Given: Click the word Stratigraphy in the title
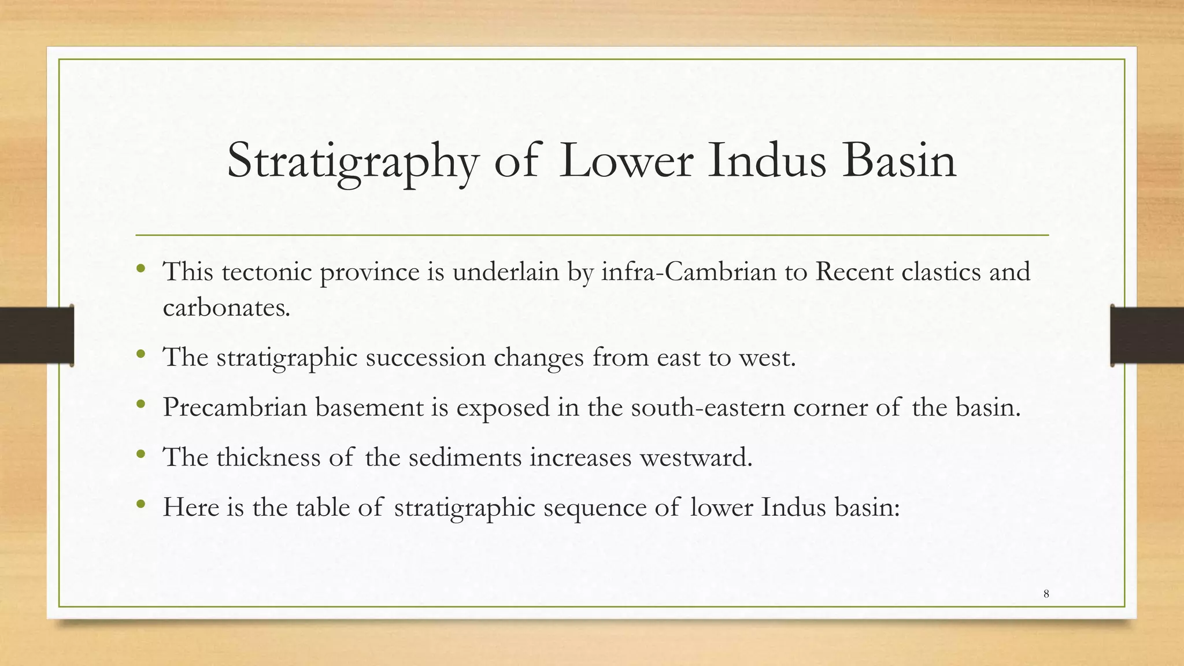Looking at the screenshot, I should pos(353,161).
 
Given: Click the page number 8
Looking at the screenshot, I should pos(1046,594).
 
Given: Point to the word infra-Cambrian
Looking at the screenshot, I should pos(689,271).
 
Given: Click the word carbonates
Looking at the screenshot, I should pos(226,307).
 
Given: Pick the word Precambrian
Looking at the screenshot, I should pos(235,407).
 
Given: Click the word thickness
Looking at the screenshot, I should pos(268,457).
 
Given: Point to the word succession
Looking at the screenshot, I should pos(425,357).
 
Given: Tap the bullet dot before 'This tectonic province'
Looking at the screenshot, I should pos(140,269).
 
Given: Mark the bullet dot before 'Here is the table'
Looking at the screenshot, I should pos(140,505).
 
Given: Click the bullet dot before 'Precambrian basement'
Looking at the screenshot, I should pos(140,405).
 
